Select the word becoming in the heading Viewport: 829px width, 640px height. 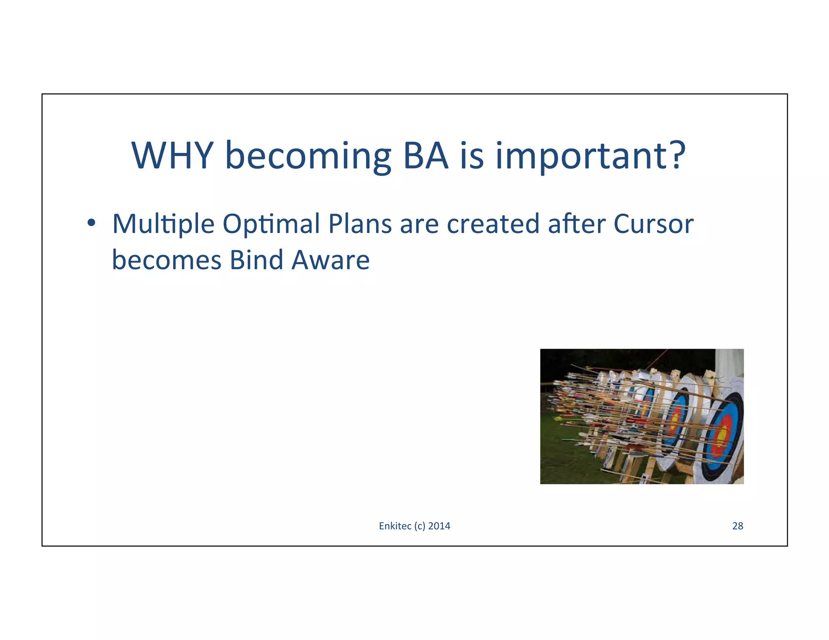(x=308, y=157)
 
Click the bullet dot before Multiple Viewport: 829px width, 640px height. (x=91, y=223)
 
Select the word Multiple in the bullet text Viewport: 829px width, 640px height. (x=163, y=225)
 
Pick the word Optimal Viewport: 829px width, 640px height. (x=271, y=225)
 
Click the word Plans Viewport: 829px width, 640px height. (x=360, y=224)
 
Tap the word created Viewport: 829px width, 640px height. (x=493, y=224)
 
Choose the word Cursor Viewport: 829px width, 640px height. (x=653, y=224)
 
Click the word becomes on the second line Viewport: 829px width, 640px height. (x=166, y=260)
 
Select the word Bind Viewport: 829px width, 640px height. (x=256, y=260)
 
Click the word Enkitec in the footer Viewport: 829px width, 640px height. (x=395, y=526)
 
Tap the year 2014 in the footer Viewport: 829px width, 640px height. (x=439, y=526)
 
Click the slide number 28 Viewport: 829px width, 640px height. (x=738, y=526)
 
